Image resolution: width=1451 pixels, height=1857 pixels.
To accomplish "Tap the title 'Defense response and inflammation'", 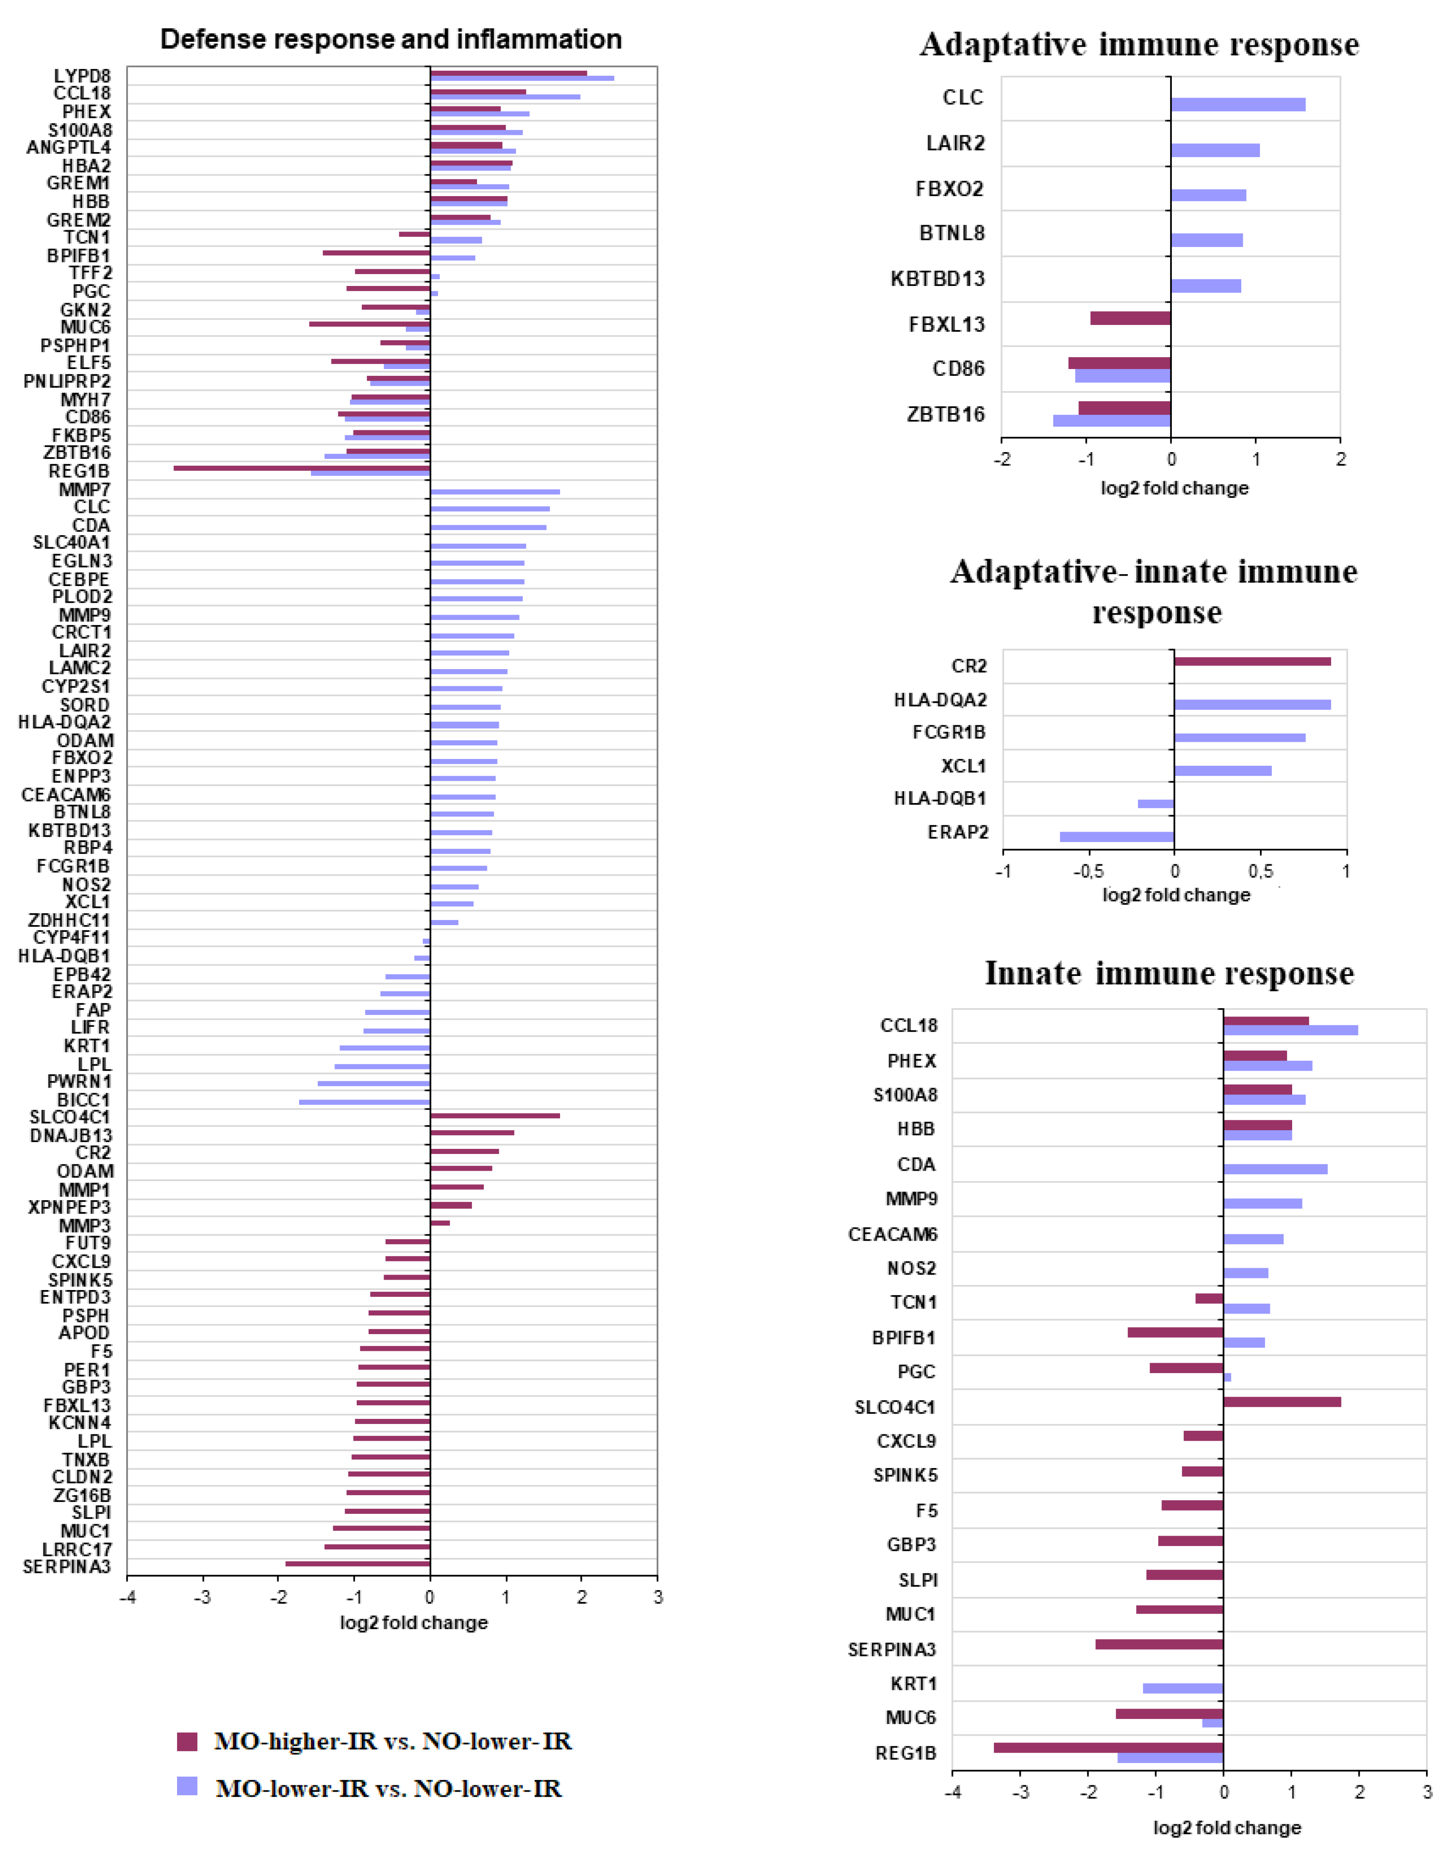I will [391, 39].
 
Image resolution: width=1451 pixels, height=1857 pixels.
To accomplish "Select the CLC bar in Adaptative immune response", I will [1238, 104].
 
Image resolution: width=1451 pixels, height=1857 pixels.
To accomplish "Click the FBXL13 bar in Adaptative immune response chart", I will [1131, 318].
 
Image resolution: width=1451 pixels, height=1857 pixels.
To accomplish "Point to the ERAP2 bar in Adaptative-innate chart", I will [1117, 837].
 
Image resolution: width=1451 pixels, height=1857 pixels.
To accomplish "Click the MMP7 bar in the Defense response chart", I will [495, 492].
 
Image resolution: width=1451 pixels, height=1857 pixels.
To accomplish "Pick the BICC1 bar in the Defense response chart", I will [364, 1102].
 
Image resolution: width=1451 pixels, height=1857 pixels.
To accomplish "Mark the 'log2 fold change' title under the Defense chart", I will [414, 1622].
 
